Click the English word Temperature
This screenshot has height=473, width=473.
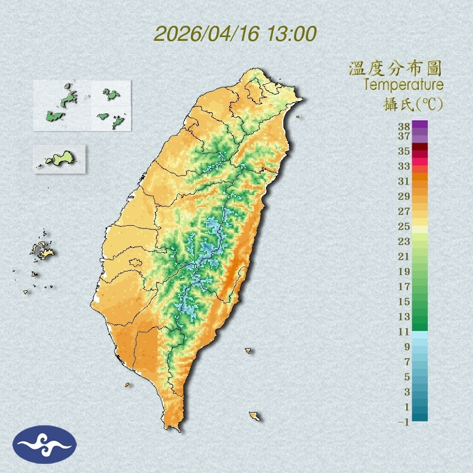pos(403,85)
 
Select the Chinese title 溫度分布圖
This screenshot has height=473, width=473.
pos(395,69)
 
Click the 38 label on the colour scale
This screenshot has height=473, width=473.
pos(404,127)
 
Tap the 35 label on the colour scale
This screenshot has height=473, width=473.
pos(404,151)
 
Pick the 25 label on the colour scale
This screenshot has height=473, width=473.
pos(404,226)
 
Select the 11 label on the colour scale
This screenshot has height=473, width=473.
pos(404,332)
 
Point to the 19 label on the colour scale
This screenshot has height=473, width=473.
pos(404,271)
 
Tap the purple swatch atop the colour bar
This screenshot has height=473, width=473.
pos(420,125)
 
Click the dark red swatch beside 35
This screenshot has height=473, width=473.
pos(420,147)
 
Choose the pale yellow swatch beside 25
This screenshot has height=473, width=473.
pos(420,229)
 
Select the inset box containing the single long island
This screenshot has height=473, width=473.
pos(59,159)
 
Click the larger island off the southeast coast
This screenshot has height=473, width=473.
pos(254,415)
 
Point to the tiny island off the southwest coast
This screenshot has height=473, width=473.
pos(127,384)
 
